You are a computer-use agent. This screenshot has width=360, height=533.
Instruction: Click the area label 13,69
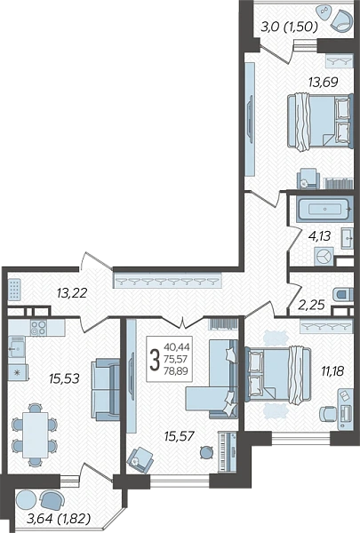tap(323, 82)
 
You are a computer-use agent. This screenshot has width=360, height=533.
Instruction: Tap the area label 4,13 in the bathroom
tap(320, 235)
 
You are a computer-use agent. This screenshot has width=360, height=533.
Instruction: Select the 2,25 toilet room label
tap(311, 305)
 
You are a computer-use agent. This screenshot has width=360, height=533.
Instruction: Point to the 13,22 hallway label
tap(72, 292)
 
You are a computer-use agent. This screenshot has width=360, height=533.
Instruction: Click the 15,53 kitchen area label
tap(64, 378)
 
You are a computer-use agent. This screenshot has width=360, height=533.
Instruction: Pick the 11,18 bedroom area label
tap(332, 370)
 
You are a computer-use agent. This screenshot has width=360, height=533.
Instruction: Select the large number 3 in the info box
tap(155, 361)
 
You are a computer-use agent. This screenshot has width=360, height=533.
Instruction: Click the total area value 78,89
tap(176, 371)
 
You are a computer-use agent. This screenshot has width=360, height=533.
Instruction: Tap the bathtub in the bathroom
tap(324, 209)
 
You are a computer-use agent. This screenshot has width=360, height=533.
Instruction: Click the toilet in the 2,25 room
tap(342, 294)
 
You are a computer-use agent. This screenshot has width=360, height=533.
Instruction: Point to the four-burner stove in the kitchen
tap(38, 328)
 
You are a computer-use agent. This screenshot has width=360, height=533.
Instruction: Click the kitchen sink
tap(16, 347)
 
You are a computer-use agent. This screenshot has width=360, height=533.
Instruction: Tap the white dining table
tap(35, 434)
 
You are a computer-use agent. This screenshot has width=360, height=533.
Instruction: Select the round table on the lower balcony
tap(26, 499)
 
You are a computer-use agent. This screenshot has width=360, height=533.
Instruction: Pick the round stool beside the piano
tap(206, 452)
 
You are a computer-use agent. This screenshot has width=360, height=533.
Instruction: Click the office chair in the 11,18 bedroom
tap(327, 414)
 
